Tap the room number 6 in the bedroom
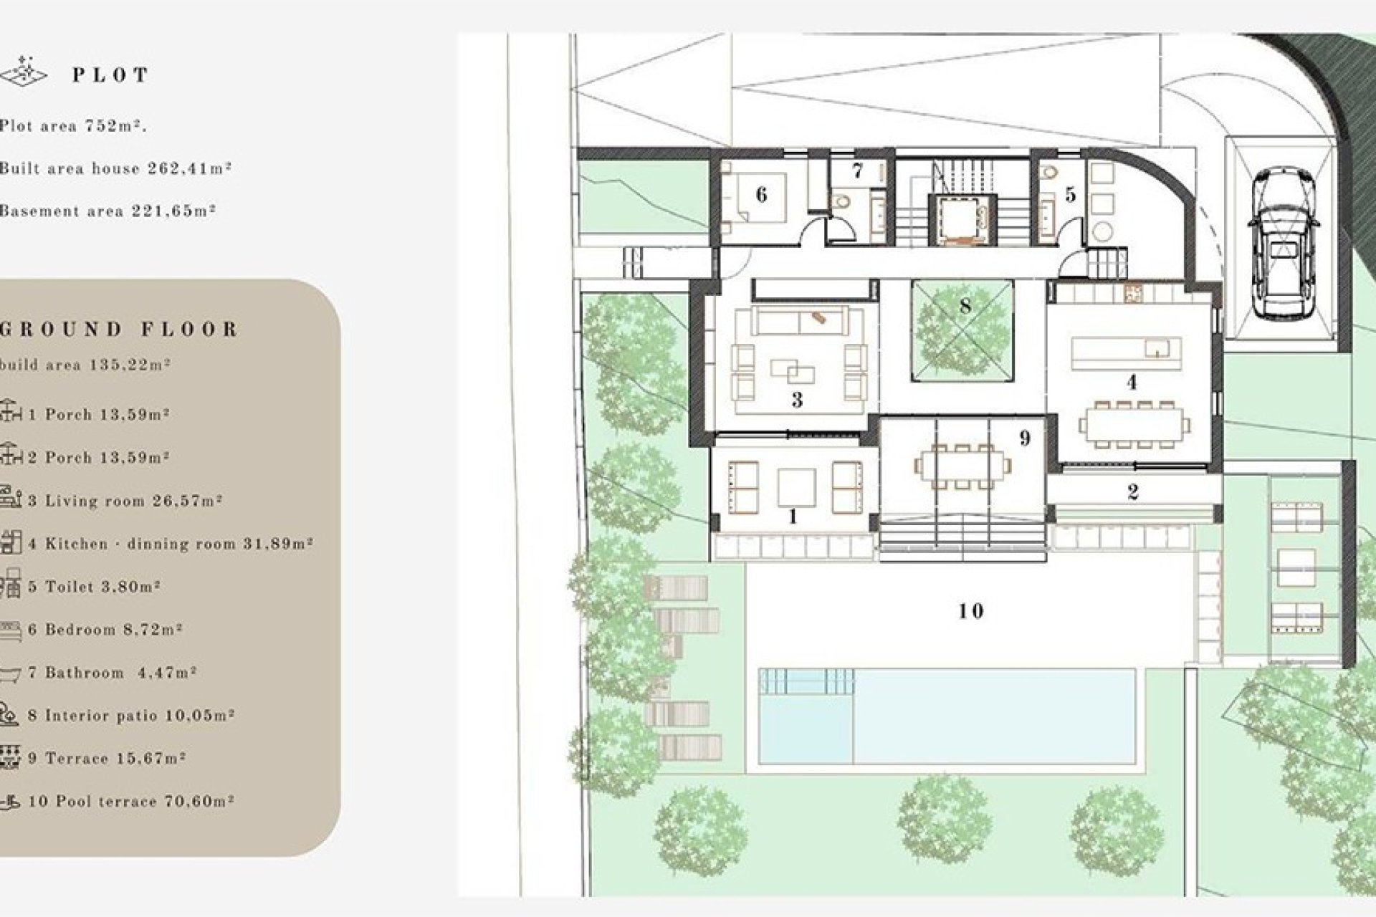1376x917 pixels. coord(761,195)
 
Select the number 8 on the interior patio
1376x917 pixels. coord(965,307)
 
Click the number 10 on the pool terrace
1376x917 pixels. coord(970,611)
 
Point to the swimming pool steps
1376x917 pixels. coord(807,681)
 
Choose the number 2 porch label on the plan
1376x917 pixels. coord(1132,492)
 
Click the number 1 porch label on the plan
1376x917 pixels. coord(793,516)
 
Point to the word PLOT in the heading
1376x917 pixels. coord(110,75)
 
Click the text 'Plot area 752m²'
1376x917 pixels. coord(73,126)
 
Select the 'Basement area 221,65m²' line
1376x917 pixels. coord(107,211)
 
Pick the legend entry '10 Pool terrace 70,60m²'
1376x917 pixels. coord(130,801)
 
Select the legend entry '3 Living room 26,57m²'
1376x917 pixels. coord(125,501)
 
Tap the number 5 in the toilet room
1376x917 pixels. coord(1071,195)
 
